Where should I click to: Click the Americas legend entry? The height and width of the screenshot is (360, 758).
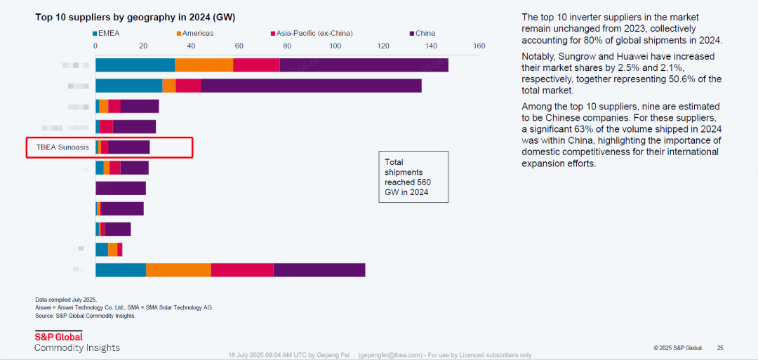pyautogui.click(x=196, y=33)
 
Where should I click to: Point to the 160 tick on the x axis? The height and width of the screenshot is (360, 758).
pyautogui.click(x=479, y=46)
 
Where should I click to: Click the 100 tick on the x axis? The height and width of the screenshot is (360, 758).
pyautogui.click(x=335, y=46)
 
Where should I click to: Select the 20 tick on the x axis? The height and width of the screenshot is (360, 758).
pyautogui.click(x=143, y=46)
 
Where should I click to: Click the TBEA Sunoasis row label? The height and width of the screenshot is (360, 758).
pyautogui.click(x=63, y=147)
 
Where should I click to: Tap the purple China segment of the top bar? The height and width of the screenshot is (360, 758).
pyautogui.click(x=364, y=65)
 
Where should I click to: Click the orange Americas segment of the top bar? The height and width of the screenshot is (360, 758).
pyautogui.click(x=204, y=65)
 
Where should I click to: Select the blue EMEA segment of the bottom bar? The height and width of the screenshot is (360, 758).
pyautogui.click(x=121, y=270)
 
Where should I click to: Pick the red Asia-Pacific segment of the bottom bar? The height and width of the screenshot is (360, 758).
pyautogui.click(x=242, y=270)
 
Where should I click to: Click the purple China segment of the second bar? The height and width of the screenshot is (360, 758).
pyautogui.click(x=311, y=86)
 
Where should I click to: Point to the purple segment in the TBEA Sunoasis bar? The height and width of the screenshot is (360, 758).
pyautogui.click(x=129, y=147)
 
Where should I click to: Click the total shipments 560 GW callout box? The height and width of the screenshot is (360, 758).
pyautogui.click(x=413, y=177)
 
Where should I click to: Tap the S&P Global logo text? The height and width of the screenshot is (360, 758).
pyautogui.click(x=58, y=337)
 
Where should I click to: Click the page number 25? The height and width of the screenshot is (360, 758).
pyautogui.click(x=720, y=348)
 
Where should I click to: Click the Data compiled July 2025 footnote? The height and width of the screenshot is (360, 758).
pyautogui.click(x=66, y=300)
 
